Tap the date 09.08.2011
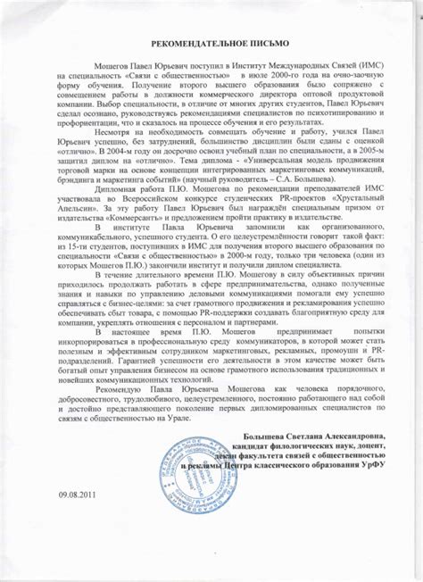pyautogui.click(x=76, y=544)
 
